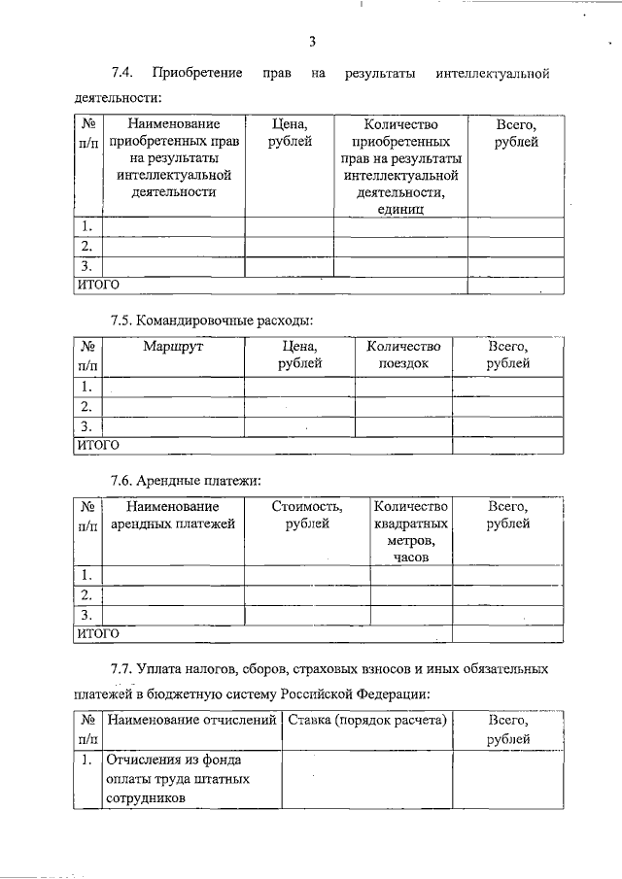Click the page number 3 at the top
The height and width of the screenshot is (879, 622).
coord(312,41)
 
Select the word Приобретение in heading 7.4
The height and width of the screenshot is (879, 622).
coord(197,74)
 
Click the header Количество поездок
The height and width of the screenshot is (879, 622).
coord(403,355)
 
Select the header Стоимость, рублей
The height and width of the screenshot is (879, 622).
coord(306,515)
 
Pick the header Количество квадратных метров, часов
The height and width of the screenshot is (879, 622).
coord(410,531)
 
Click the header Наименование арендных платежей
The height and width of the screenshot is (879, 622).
coord(172,515)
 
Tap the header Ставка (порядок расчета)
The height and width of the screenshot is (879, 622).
coord(366,721)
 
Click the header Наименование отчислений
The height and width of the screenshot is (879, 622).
coord(191,721)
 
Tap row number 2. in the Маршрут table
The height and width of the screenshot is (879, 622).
coord(87,406)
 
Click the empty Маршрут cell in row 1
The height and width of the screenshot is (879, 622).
coord(172,387)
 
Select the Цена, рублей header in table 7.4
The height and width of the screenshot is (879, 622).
coord(289,134)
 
